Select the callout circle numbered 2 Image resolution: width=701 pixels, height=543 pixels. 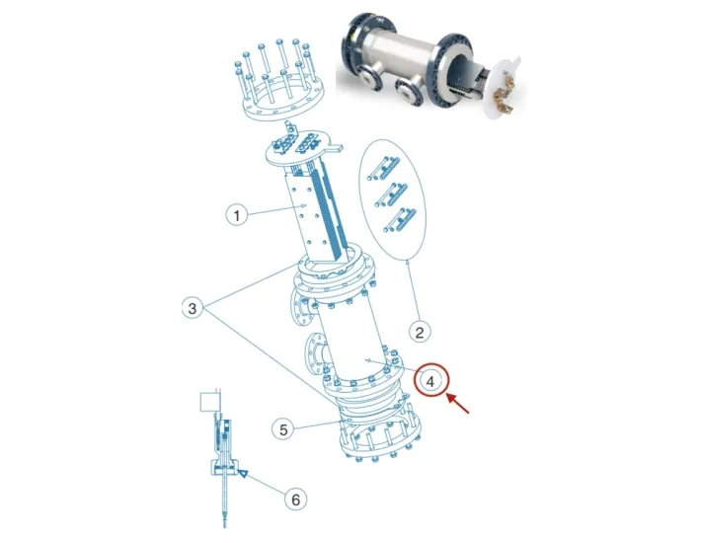click(x=419, y=331)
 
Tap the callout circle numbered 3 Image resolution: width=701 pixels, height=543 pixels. click(x=194, y=309)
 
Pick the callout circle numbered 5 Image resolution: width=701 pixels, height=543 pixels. click(x=283, y=429)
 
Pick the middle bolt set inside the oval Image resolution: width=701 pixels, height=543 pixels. click(x=395, y=193)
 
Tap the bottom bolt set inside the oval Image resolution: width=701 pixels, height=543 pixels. click(x=397, y=219)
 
